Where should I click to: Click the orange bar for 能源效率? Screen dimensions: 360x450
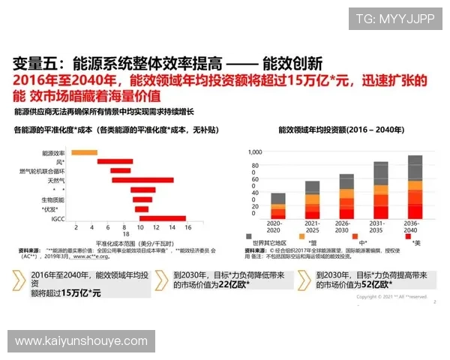coord(84,152)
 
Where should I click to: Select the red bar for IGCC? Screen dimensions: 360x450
coord(162,218)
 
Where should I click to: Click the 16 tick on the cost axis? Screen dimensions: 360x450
coord(187,227)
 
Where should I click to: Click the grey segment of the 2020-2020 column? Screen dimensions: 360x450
coord(278,199)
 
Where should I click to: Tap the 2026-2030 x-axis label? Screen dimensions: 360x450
coord(346,226)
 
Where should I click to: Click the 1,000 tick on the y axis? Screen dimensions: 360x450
coord(255,151)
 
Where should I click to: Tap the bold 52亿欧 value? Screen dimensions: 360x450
coord(377,286)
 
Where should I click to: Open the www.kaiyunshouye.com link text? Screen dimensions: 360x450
coord(81,341)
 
